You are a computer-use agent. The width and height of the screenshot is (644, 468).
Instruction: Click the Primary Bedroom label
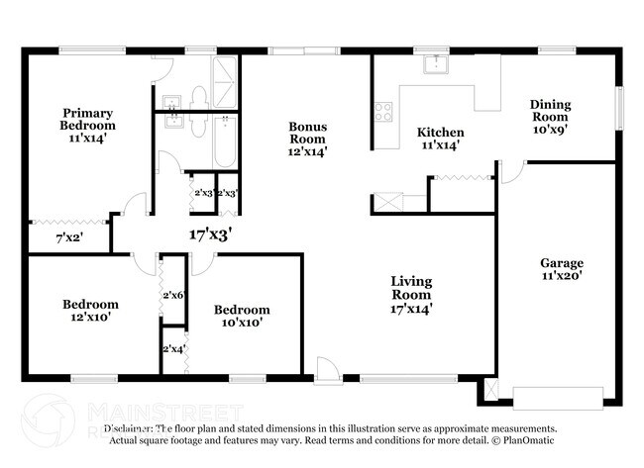click(x=88, y=126)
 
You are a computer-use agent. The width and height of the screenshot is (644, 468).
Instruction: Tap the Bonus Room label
click(x=307, y=139)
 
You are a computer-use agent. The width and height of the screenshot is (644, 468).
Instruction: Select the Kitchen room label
click(x=440, y=139)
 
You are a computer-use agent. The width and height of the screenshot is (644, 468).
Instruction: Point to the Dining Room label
click(x=550, y=116)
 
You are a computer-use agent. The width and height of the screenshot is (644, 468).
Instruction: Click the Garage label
click(x=561, y=270)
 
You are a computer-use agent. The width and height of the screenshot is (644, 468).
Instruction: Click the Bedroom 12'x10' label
click(x=90, y=312)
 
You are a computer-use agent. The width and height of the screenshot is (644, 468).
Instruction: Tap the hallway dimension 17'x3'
click(x=210, y=234)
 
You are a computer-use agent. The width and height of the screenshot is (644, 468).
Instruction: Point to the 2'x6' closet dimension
click(x=172, y=295)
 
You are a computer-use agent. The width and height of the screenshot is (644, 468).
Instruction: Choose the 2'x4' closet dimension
click(x=172, y=348)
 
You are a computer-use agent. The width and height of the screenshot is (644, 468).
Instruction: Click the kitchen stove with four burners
click(x=382, y=112)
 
